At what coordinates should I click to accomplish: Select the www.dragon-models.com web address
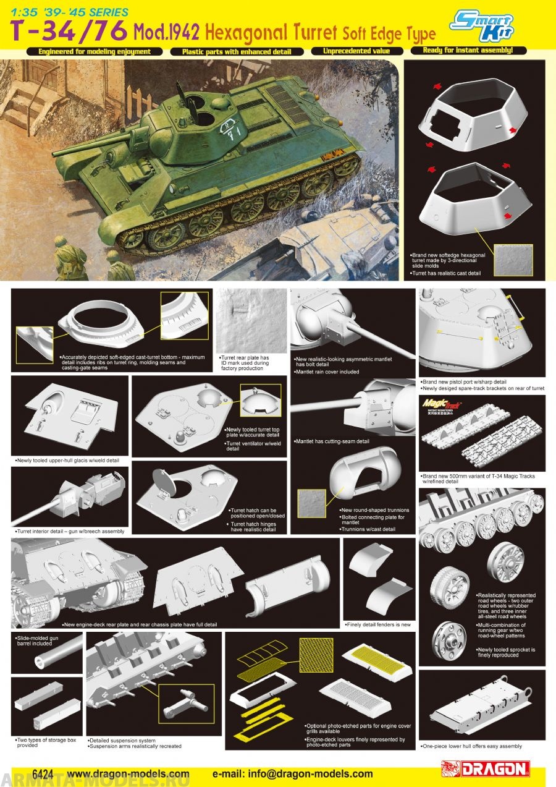(x=128, y=773)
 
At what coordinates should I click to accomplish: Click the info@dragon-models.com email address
(x=292, y=773)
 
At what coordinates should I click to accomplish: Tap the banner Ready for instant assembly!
(x=466, y=50)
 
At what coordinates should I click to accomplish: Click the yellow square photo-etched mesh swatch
(x=316, y=653)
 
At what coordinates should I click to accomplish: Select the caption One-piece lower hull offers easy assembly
(x=471, y=746)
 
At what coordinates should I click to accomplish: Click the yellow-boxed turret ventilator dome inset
(x=260, y=401)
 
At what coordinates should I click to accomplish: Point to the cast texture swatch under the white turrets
(x=510, y=260)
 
